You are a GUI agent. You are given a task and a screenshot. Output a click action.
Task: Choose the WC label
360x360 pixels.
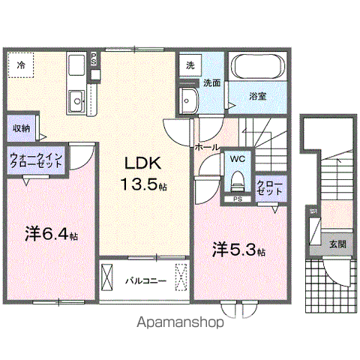[237, 159]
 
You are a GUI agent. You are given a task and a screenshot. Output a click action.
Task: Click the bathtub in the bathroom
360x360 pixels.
[255, 68]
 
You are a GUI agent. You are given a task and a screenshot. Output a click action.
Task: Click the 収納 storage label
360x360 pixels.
[21, 128]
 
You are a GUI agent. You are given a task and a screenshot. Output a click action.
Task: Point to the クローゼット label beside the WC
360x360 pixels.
[269, 187]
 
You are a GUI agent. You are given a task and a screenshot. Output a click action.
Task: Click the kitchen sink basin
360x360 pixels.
[75, 100]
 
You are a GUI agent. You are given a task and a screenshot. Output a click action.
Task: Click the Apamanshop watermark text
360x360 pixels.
[180, 324]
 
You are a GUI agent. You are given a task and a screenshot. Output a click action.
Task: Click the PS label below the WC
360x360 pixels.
[238, 199]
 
